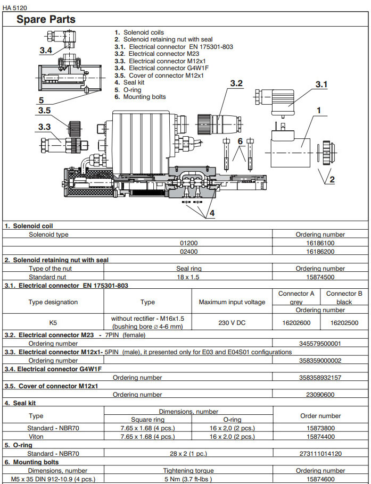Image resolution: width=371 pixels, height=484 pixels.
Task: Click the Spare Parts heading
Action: click(x=46, y=20)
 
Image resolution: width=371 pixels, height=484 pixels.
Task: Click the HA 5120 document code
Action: click(x=15, y=8)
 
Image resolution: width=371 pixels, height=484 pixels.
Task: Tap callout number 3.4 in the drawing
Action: click(x=46, y=51)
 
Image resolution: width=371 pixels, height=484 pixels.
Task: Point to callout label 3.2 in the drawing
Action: click(x=236, y=84)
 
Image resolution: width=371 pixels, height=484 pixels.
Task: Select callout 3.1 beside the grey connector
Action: click(x=321, y=84)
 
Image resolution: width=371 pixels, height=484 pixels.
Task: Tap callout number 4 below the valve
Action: click(x=211, y=213)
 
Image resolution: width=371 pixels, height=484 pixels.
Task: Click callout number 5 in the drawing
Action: click(x=41, y=99)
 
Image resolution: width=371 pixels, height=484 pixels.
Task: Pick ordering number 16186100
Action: click(x=320, y=243)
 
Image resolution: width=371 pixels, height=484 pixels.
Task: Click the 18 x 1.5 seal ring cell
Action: click(x=188, y=277)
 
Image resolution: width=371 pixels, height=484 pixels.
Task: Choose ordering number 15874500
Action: click(x=320, y=277)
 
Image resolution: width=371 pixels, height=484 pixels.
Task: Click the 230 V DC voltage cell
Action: click(x=232, y=322)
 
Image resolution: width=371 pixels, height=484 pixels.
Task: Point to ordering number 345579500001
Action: click(x=320, y=344)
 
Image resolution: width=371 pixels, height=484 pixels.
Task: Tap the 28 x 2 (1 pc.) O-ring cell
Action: click(x=188, y=454)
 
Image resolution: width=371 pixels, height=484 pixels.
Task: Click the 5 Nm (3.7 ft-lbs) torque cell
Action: click(x=188, y=479)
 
